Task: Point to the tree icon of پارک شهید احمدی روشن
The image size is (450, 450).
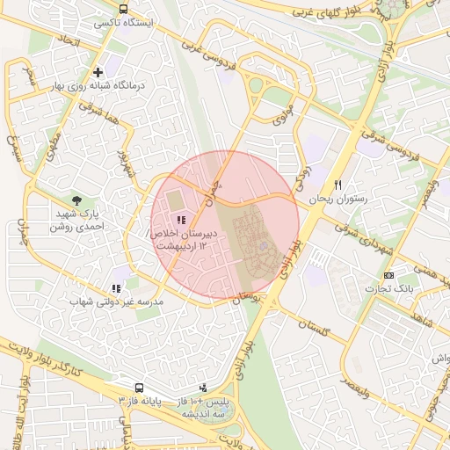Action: pos(77,200)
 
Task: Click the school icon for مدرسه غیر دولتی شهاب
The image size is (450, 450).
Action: pos(115,287)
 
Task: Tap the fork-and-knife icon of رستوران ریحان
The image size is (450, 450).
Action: pos(337,185)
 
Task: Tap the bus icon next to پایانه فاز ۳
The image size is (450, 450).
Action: pos(139,388)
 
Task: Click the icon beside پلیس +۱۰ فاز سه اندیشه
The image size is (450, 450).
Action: pos(204,388)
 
